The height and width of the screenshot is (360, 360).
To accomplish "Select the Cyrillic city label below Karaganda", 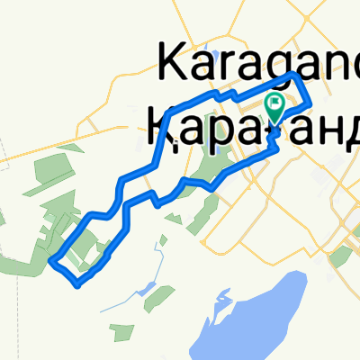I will pos(253,127).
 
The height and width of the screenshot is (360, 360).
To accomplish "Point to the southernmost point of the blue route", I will pos(80,286).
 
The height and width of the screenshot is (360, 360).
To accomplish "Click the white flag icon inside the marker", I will pos(274,104).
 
